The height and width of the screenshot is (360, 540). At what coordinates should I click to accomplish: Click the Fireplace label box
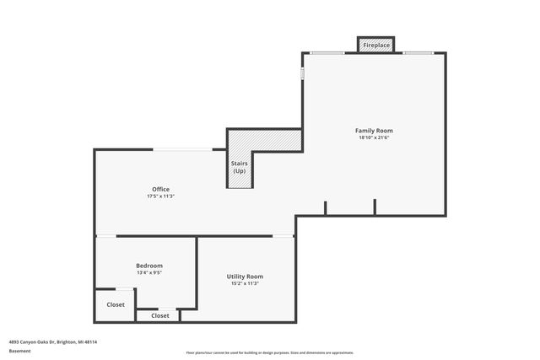pyautogui.click(x=376, y=45)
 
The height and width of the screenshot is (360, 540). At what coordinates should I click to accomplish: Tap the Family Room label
pyautogui.click(x=374, y=131)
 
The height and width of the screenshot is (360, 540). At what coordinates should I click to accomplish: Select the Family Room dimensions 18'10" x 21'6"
pyautogui.click(x=374, y=137)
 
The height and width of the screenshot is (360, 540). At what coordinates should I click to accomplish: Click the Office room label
pyautogui.click(x=160, y=189)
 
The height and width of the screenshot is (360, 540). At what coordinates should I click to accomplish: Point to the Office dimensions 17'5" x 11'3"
pyautogui.click(x=160, y=196)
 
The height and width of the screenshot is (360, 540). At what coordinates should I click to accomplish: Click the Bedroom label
pyautogui.click(x=149, y=266)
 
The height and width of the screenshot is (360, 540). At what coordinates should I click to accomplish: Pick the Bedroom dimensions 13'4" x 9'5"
pyautogui.click(x=149, y=272)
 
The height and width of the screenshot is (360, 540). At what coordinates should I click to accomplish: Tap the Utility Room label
pyautogui.click(x=245, y=277)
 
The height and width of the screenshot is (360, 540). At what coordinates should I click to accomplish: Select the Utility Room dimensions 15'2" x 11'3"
pyautogui.click(x=245, y=283)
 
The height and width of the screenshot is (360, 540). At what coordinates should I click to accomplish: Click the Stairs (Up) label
pyautogui.click(x=240, y=167)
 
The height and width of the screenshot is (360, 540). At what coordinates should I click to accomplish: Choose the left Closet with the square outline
pyautogui.click(x=116, y=304)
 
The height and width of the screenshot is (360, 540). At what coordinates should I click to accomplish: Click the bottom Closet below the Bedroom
pyautogui.click(x=159, y=315)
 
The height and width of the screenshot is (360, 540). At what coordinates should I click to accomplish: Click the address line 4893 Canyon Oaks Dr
pyautogui.click(x=53, y=342)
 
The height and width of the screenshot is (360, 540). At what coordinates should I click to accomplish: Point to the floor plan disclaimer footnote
pyautogui.click(x=270, y=352)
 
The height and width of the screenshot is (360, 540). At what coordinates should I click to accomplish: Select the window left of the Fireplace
pyautogui.click(x=327, y=53)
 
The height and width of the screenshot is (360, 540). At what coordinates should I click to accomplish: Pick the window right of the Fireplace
pyautogui.click(x=418, y=53)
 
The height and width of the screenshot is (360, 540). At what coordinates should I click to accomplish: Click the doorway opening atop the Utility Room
pyautogui.click(x=283, y=236)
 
